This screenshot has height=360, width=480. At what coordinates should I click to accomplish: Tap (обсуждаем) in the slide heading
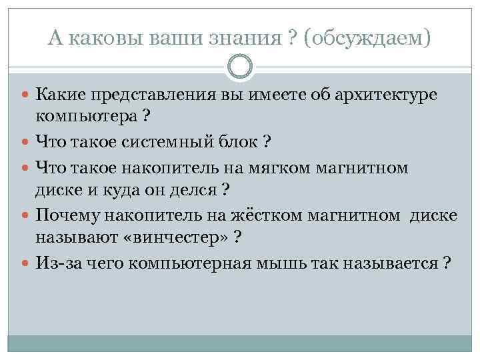tap(367, 39)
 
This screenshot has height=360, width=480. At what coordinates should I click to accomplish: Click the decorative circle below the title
tap(240, 67)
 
